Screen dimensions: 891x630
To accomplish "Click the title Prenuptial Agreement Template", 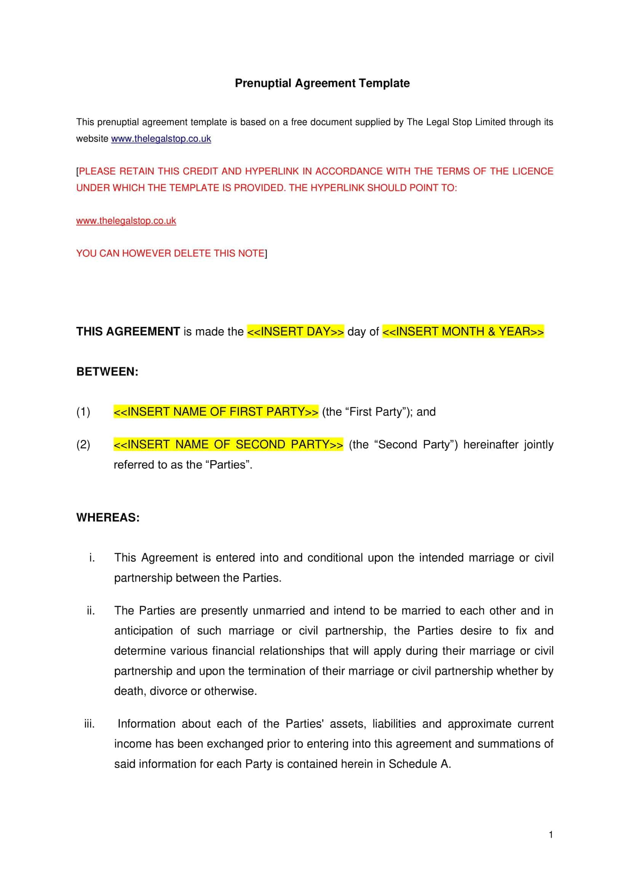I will pos(322,83).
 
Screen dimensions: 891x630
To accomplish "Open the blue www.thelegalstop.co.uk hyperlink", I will pos(161,139).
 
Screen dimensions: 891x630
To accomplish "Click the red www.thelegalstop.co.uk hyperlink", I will pos(126,221).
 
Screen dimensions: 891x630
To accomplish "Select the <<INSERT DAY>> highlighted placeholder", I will pos(295,331).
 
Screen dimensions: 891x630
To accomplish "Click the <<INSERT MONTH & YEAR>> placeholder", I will pos(463,331).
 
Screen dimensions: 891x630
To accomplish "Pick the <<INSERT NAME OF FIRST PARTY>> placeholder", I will pos(216,411).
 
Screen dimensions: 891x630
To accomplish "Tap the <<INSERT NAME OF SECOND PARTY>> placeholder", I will pos(228,444).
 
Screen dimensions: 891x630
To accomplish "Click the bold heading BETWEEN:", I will pos(107,372).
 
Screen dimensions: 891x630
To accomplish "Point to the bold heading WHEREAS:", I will pos(108,517).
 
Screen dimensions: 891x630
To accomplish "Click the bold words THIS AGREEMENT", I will pos(128,331).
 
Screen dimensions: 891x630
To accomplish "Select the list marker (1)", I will pos(83,412).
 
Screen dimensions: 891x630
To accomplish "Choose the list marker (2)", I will pos(83,445).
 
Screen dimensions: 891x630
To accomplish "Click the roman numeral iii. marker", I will pos(89,724).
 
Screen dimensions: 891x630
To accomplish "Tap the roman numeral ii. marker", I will pos(91,611).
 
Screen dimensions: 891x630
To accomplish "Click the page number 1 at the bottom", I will pos(551,835).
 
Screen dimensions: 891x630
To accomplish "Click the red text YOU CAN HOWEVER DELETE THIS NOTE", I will pos(170,253).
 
